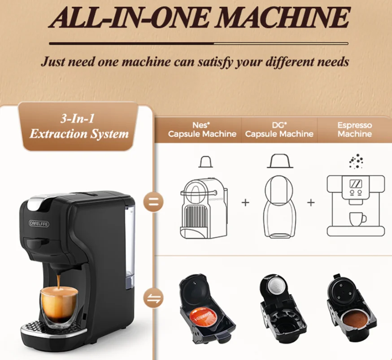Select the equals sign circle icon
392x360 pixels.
click(153, 202)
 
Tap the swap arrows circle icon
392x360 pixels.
click(153, 298)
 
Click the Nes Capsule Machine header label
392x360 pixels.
click(202, 130)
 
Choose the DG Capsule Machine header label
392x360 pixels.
click(279, 130)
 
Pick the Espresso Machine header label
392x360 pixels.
click(355, 130)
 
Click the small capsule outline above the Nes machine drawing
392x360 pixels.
click(206, 162)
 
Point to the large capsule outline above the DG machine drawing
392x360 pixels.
click(280, 160)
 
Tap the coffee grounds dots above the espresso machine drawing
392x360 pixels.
click(356, 161)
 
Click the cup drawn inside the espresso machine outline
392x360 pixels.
click(357, 219)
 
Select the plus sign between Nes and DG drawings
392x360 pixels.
click(245, 202)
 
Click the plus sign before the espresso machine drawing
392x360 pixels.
click(311, 202)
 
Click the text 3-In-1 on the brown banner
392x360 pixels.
click(77, 118)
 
